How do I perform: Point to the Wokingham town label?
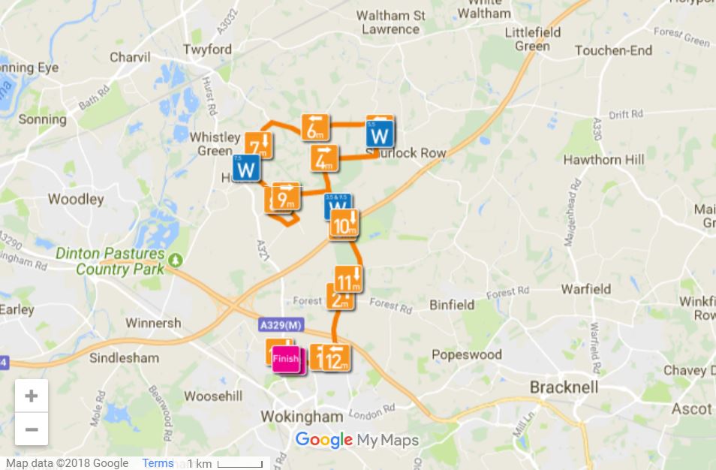[302, 416]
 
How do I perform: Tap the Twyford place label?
[207, 50]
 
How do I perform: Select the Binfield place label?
[452, 305]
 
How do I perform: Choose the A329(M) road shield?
[282, 325]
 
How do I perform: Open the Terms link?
[158, 463]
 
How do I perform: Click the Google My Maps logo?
[356, 440]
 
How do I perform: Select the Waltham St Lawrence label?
[390, 23]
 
